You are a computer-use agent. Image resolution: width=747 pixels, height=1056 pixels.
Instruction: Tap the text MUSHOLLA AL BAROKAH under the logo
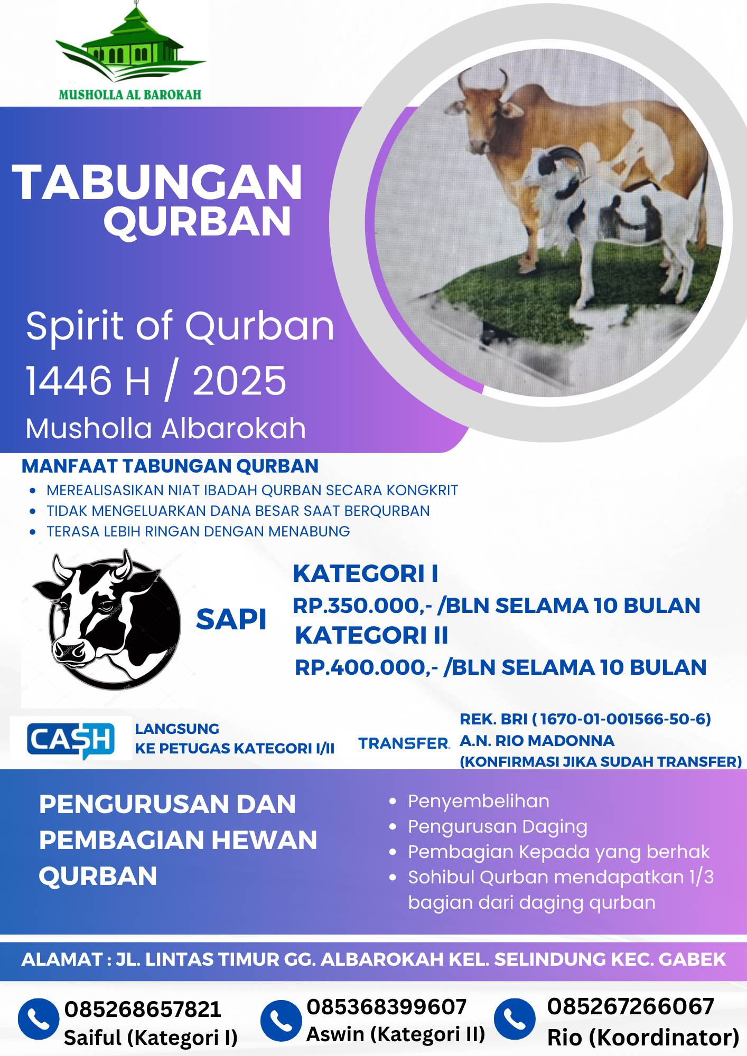[130, 95]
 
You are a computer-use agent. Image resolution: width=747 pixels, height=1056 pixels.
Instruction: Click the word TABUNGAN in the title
[157, 182]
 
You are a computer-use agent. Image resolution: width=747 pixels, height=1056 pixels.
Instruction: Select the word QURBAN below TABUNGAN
[198, 221]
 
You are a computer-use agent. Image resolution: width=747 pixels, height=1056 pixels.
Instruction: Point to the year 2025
[239, 381]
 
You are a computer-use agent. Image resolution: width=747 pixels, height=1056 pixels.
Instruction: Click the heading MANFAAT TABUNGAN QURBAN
[170, 466]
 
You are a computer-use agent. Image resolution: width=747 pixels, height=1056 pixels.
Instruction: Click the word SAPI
[231, 619]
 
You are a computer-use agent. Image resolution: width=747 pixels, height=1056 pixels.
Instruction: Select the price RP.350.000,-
[362, 606]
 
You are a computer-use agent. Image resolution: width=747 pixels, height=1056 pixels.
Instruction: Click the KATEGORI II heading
[371, 635]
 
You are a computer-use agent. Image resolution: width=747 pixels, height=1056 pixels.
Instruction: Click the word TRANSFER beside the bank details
[404, 743]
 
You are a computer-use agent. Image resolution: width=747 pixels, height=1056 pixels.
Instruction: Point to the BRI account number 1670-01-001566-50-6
[625, 719]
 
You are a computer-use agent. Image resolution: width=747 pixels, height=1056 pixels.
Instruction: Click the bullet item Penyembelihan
[479, 802]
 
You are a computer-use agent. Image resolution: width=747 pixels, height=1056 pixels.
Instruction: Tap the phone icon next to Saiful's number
[39, 1019]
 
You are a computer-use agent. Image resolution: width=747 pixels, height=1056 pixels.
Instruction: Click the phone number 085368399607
[387, 1007]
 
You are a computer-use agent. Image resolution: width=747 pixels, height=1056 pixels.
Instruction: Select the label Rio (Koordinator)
[643, 1038]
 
